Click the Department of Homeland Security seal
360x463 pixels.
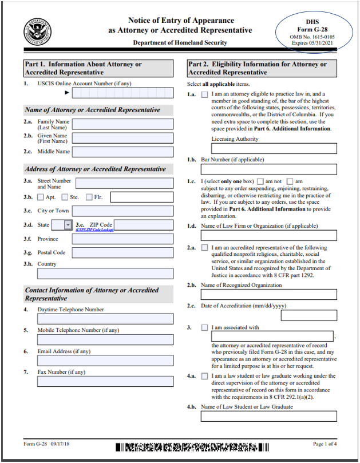point(37,31)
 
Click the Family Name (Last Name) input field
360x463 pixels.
point(122,124)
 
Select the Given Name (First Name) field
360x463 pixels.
point(122,138)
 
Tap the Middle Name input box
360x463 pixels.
point(122,152)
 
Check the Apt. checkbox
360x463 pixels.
point(41,197)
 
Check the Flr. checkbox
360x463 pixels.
point(89,197)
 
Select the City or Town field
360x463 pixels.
point(122,211)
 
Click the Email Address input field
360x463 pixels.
point(105,361)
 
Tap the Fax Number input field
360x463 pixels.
point(105,381)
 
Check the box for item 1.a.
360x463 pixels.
point(205,94)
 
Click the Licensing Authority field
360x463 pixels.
point(274,149)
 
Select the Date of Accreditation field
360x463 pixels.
point(308,315)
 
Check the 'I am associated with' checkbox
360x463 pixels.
point(205,328)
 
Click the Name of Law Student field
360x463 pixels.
point(268,416)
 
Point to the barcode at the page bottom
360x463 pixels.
point(192,448)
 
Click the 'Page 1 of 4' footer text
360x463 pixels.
point(325,444)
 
